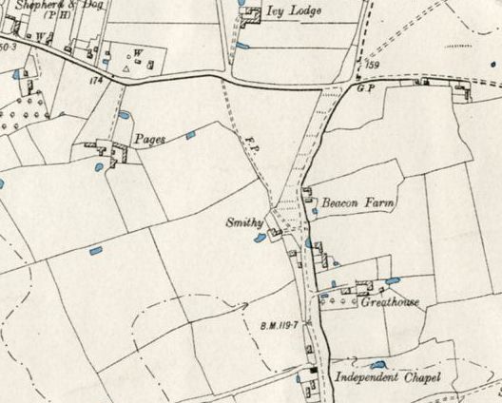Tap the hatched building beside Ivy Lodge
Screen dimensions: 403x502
click(251, 17)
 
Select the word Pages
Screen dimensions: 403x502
click(149, 139)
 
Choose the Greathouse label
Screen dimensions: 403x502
click(390, 303)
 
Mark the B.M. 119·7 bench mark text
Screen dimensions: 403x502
click(279, 326)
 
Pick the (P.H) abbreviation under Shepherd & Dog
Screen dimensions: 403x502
click(44, 18)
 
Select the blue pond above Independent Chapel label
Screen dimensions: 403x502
click(378, 364)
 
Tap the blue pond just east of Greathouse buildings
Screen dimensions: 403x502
click(393, 281)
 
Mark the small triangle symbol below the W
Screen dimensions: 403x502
click(127, 69)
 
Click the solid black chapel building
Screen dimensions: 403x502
click(312, 369)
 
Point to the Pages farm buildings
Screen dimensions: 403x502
click(108, 150)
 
